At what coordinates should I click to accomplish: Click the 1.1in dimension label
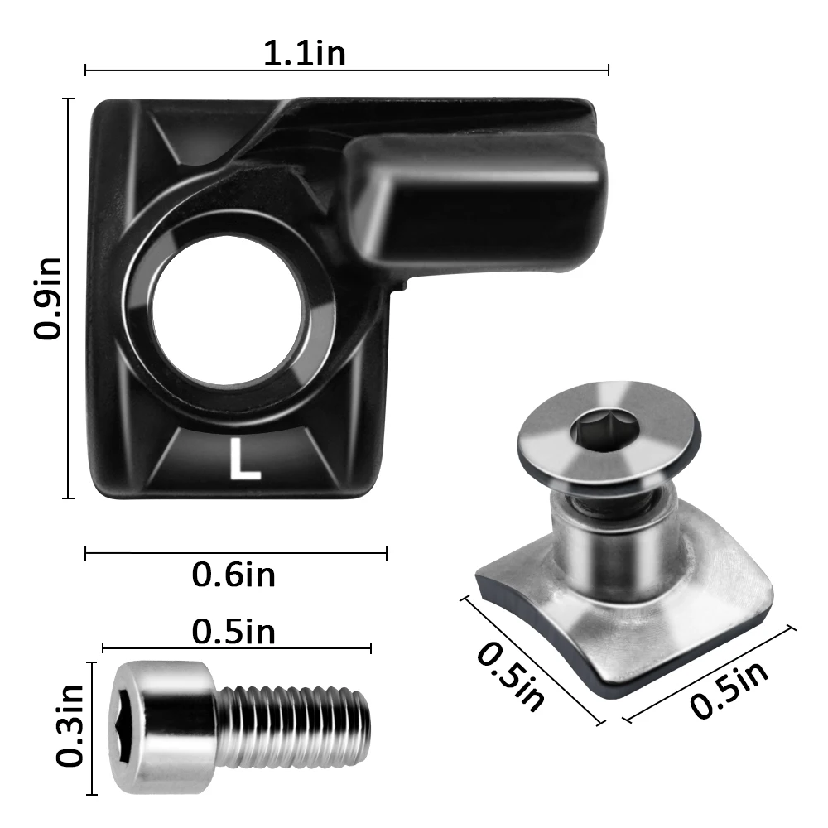click(304, 53)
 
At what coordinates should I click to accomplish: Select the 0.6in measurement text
click(233, 574)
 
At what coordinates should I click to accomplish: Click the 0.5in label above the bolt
click(233, 632)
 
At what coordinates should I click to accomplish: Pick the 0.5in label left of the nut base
click(511, 676)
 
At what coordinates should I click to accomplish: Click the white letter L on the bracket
click(244, 462)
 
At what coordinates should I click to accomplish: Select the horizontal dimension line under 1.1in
click(347, 71)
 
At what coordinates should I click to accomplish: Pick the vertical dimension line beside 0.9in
click(69, 299)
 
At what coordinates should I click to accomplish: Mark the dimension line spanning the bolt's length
click(237, 648)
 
